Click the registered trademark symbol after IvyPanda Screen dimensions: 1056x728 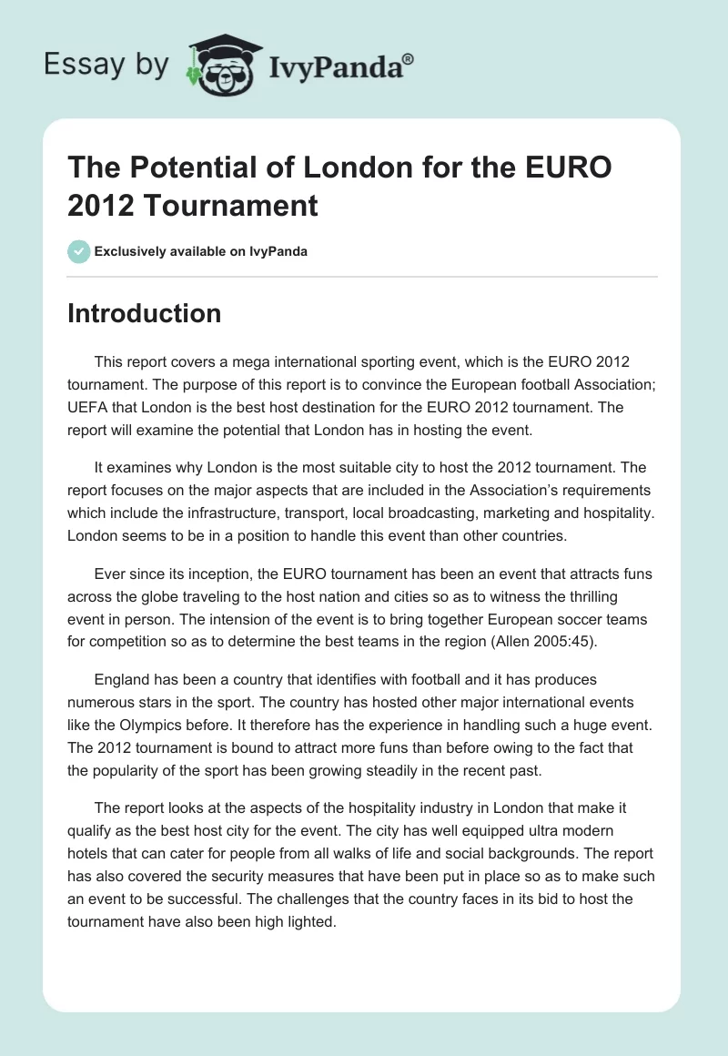[409, 58]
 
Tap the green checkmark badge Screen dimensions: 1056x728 [79, 251]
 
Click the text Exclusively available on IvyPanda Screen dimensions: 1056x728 [200, 251]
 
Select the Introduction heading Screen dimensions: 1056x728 [144, 313]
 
